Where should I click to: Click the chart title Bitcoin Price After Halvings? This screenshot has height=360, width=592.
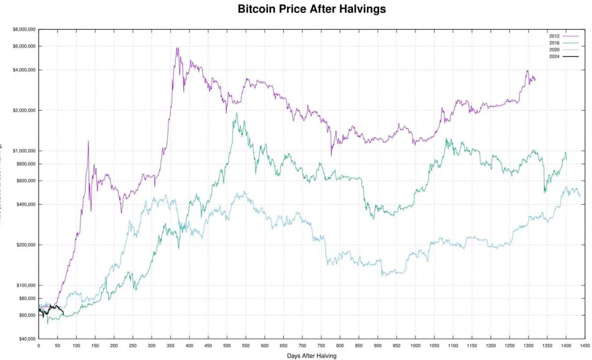[x=312, y=9]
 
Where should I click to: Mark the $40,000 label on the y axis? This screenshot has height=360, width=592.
[x=25, y=339]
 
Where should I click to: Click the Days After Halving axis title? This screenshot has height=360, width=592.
[x=312, y=356]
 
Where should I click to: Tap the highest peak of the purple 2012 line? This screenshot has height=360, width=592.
[x=177, y=48]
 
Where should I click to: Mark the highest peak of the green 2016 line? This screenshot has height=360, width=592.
[x=236, y=114]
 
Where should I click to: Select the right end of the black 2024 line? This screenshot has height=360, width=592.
[x=63, y=314]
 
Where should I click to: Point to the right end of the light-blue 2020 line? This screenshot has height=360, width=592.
[x=580, y=196]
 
